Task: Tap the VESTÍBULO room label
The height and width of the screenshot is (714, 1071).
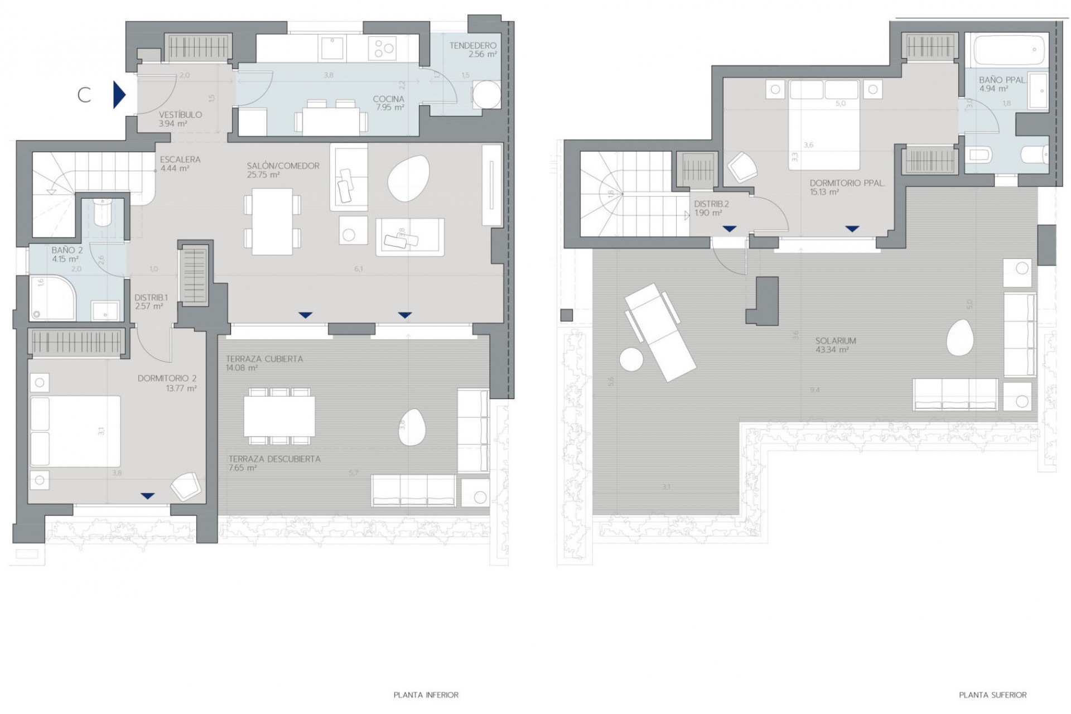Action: coord(180,115)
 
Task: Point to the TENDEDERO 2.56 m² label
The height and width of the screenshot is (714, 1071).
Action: coord(473,50)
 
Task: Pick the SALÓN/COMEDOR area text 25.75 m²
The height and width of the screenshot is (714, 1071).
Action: coord(263,175)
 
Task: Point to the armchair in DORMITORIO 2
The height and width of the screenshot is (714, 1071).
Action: coord(186,486)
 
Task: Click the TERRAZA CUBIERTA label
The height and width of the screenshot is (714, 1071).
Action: coord(264,359)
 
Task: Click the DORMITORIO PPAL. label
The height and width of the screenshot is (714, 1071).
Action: coord(847,183)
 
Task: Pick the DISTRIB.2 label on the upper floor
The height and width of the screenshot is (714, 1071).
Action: coord(711,204)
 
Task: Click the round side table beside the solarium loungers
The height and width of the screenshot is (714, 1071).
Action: coord(631,359)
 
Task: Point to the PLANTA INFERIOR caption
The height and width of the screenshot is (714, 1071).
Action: coord(426,695)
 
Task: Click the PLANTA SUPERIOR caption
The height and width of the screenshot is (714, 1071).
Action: coord(992,695)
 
